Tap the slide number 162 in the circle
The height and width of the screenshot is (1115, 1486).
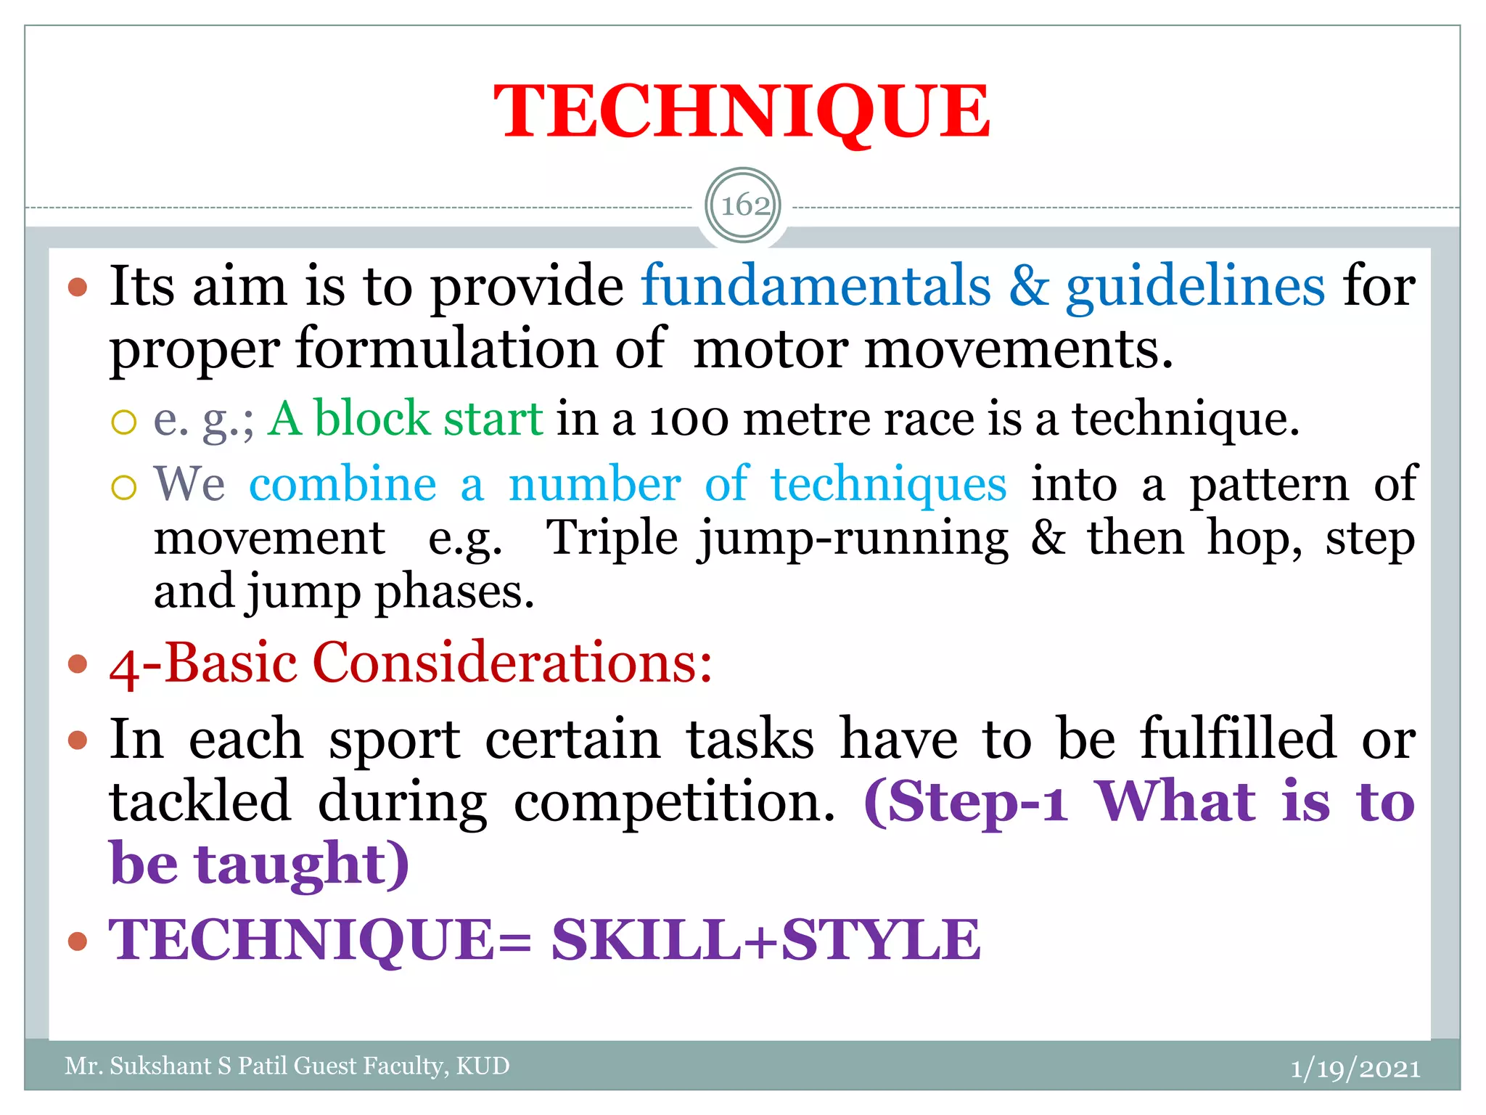[744, 205]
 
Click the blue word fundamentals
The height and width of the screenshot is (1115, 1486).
[816, 286]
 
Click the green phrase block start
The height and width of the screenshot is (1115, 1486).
[428, 419]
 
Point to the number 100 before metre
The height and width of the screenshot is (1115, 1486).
[689, 421]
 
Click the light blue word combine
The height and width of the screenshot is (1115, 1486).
[342, 484]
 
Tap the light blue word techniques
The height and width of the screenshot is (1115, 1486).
[888, 486]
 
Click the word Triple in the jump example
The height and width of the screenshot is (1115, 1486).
[612, 539]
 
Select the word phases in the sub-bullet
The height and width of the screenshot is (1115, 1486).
[455, 593]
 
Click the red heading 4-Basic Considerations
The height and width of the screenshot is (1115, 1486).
[411, 663]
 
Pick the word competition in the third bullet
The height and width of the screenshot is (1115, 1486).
[674, 802]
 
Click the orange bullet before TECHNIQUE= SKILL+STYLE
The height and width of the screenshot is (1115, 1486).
[77, 942]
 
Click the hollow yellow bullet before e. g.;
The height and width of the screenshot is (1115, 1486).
[124, 422]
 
